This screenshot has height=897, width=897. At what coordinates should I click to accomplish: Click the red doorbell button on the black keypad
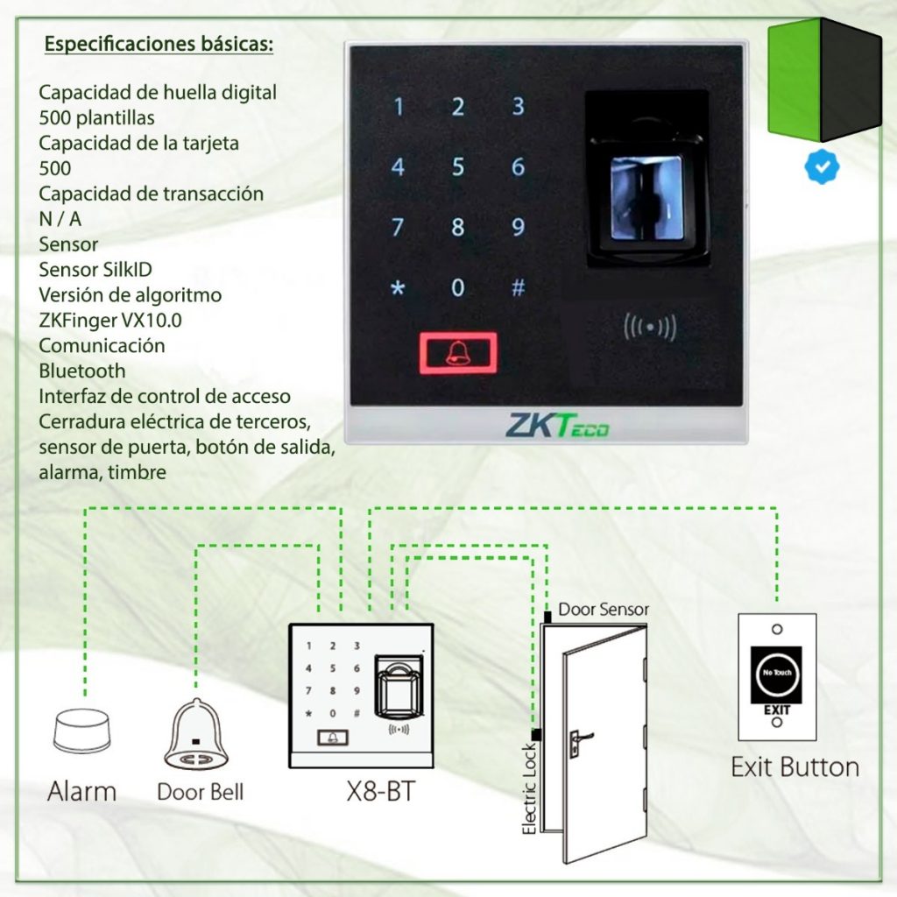pyautogui.click(x=457, y=352)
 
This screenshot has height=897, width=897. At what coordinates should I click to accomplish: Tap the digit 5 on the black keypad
pyautogui.click(x=457, y=167)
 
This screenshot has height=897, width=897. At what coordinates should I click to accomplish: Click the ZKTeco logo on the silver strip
pyautogui.click(x=557, y=426)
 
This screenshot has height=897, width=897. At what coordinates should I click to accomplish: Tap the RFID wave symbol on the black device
pyautogui.click(x=649, y=328)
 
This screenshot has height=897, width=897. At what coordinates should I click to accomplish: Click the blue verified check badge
pyautogui.click(x=821, y=166)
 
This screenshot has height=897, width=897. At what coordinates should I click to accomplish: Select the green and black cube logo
pyautogui.click(x=824, y=80)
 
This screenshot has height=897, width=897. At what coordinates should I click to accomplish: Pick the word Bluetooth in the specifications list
pyautogui.click(x=82, y=371)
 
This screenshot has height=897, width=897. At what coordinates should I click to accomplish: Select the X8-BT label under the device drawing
pyautogui.click(x=379, y=792)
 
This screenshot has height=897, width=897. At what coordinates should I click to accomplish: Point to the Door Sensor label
pyautogui.click(x=604, y=609)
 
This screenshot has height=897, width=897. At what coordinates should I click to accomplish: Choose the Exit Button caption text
pyautogui.click(x=795, y=767)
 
